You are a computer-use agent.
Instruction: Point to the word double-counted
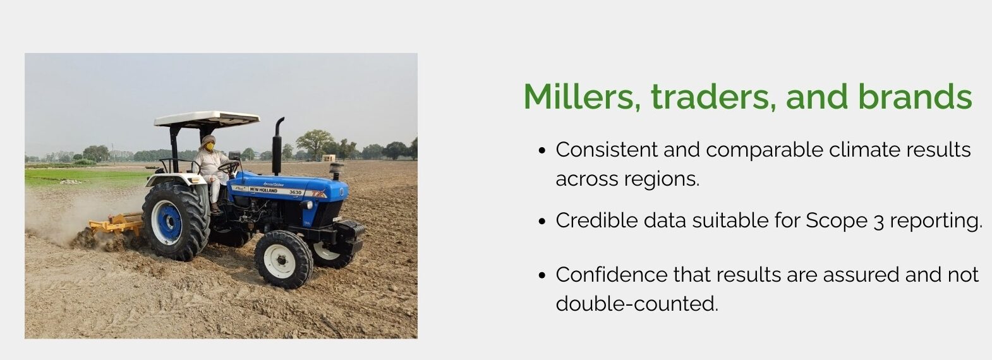click(637, 304)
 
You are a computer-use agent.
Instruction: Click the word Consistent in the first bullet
click(607, 150)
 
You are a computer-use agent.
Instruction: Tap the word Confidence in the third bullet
click(612, 275)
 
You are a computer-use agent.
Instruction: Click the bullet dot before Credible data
click(542, 221)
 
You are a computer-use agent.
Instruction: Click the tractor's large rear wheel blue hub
click(167, 222)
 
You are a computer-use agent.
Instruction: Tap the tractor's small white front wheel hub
click(279, 260)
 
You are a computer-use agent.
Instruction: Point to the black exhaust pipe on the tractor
click(277, 146)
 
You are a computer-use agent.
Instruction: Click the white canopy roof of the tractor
click(207, 119)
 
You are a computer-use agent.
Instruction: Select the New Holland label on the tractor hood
click(263, 190)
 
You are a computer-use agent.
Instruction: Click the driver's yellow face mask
click(210, 146)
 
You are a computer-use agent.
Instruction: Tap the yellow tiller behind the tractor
click(116, 224)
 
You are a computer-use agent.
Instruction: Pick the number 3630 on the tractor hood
click(295, 192)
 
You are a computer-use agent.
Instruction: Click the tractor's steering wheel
click(229, 167)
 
